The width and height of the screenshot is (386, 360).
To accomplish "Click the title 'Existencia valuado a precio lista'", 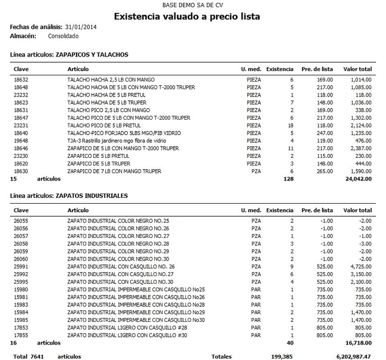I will (x=187, y=16).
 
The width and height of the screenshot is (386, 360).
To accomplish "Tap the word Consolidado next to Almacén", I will (x=63, y=36).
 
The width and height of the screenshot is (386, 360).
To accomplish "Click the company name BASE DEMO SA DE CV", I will (x=187, y=5).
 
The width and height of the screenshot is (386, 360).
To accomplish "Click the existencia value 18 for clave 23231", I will (x=290, y=125).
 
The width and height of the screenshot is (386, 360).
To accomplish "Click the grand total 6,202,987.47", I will (x=352, y=357).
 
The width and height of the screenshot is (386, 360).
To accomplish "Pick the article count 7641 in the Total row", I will (x=36, y=357).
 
